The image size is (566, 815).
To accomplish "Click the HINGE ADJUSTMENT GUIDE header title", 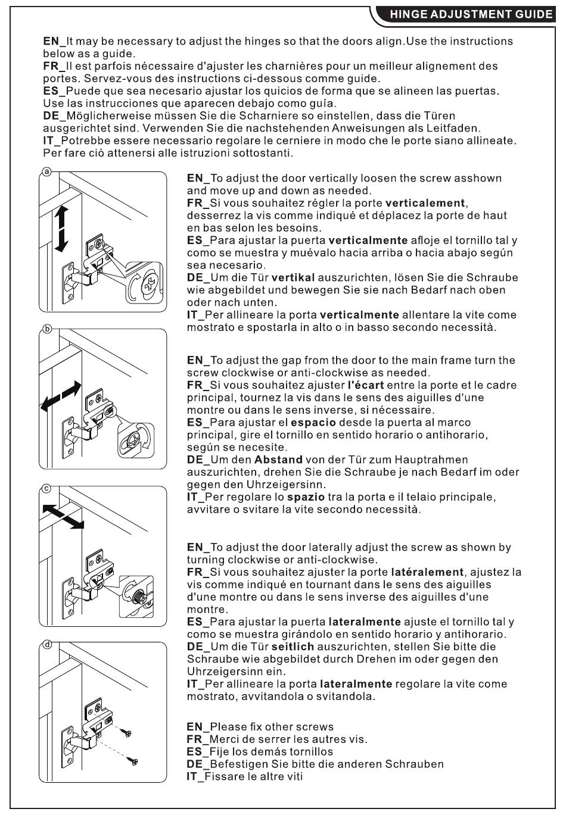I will [471, 15].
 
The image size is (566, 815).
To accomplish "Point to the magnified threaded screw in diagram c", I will [138, 594].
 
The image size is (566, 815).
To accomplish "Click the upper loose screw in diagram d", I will [125, 732].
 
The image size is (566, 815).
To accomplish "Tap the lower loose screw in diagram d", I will [134, 761].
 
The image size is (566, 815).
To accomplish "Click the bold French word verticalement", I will [425, 203].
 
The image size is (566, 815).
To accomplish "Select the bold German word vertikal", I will [293, 277].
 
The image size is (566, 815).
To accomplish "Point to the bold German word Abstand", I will [278, 460].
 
